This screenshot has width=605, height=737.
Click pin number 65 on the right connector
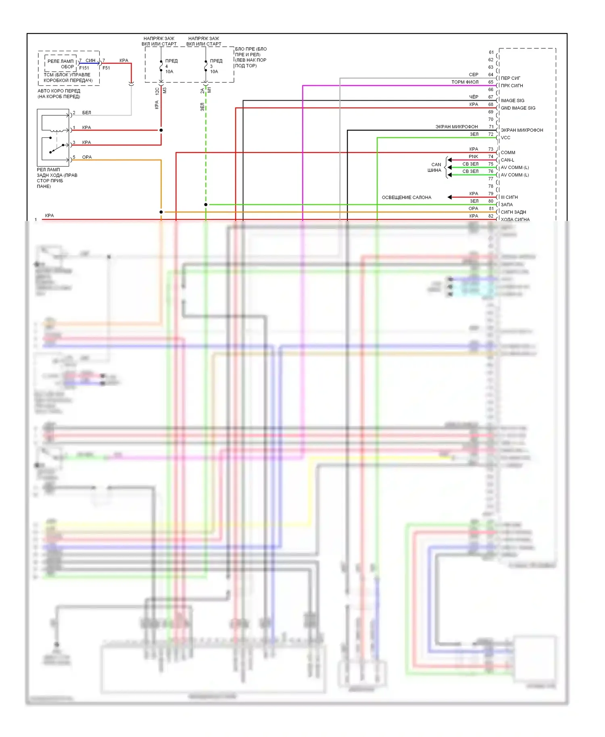[x=490, y=82]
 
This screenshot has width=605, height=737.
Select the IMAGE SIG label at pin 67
[x=512, y=101]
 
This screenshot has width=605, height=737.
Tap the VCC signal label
[x=505, y=138]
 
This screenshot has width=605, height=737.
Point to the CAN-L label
[x=507, y=160]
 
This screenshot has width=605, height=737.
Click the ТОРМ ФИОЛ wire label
[x=465, y=82]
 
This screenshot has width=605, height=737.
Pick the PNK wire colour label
[x=473, y=157]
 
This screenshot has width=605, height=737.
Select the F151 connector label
[x=84, y=68]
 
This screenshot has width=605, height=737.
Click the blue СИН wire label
[x=90, y=60]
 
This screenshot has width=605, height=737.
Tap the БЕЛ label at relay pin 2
[x=86, y=113]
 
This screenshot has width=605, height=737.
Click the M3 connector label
[x=165, y=91]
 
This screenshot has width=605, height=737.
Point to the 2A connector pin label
[x=202, y=91]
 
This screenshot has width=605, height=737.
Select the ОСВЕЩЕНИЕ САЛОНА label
[x=406, y=198]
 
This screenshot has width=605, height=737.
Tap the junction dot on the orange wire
[x=161, y=212]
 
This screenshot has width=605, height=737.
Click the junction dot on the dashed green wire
[x=206, y=205]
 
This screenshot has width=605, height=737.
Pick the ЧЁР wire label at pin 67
[x=474, y=97]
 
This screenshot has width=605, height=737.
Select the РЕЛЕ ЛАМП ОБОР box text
[x=60, y=64]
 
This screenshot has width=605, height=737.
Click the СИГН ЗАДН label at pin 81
[x=513, y=212]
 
